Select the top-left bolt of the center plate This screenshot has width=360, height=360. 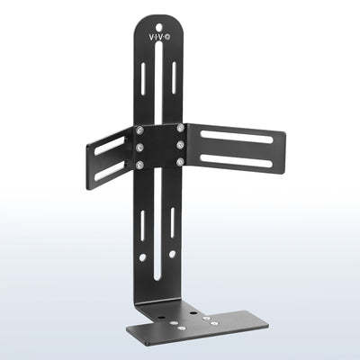pyautogui.click(x=139, y=132)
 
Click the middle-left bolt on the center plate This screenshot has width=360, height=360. pyautogui.click(x=139, y=147)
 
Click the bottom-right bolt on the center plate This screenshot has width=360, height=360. pyautogui.click(x=181, y=162)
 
